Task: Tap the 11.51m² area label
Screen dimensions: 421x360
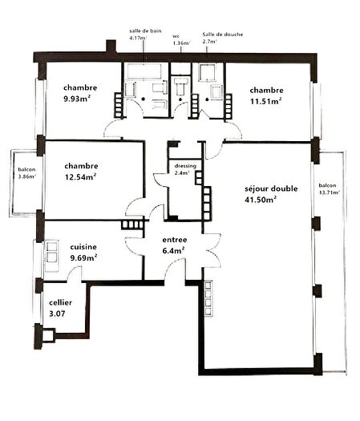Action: tap(267, 102)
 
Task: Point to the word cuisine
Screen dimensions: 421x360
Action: tap(83, 246)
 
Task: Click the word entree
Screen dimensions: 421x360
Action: tap(175, 240)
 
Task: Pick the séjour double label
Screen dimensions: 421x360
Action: tap(272, 189)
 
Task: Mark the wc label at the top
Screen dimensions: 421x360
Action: tap(176, 35)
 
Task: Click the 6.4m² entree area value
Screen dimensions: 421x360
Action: tap(174, 250)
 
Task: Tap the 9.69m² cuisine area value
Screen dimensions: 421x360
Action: tap(83, 258)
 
